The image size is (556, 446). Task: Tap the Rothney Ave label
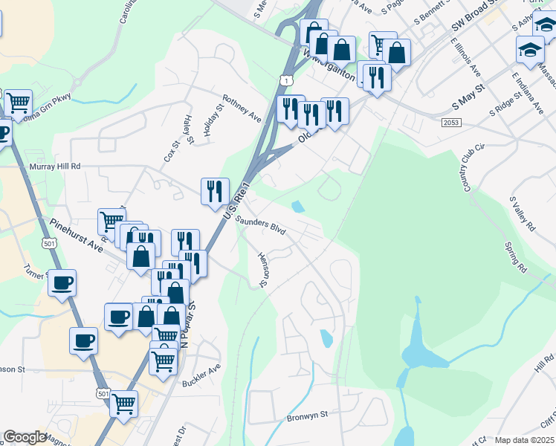242,108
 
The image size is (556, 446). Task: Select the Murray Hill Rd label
54,167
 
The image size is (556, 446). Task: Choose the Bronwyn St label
308,418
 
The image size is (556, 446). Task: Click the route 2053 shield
450,122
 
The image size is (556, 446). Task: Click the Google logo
25,437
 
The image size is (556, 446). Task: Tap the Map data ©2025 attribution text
523,440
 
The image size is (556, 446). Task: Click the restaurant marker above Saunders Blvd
215,191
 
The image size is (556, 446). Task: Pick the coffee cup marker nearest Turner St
62,282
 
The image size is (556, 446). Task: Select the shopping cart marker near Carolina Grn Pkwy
18,102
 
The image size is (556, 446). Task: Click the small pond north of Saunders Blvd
298,207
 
